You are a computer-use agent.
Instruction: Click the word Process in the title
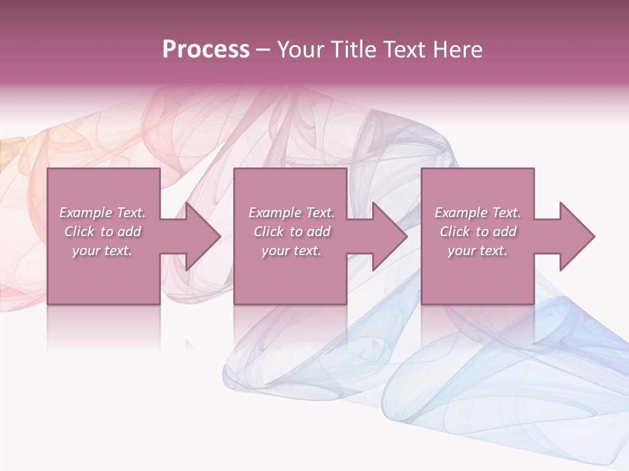tap(206, 50)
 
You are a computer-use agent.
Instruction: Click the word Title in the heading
tap(354, 50)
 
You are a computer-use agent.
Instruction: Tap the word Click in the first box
tap(79, 232)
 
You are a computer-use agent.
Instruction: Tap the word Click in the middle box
tap(269, 232)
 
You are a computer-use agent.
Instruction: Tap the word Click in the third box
tap(455, 232)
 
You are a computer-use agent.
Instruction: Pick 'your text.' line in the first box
tap(102, 251)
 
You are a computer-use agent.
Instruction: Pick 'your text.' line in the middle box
tap(292, 251)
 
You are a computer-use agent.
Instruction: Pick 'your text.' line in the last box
tap(478, 251)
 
